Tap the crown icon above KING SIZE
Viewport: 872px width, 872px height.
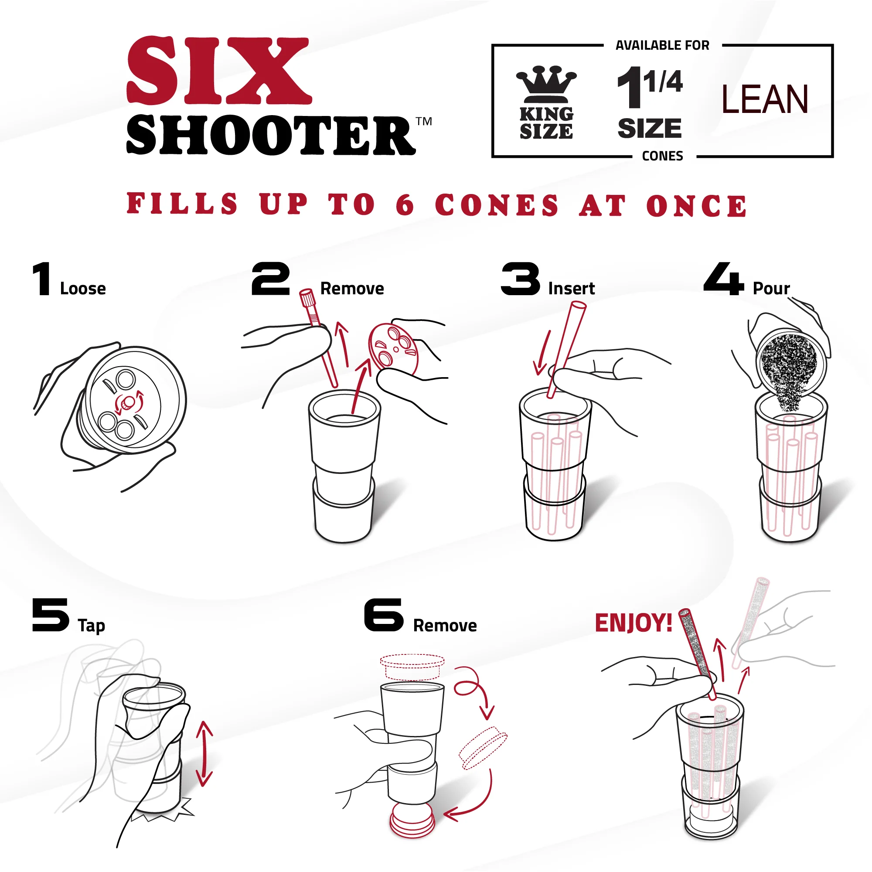(546, 84)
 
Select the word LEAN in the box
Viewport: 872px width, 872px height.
(764, 99)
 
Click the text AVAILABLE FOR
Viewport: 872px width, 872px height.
(662, 46)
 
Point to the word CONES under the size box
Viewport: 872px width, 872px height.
(662, 156)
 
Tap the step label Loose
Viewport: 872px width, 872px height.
(82, 289)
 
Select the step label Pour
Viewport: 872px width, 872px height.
(771, 289)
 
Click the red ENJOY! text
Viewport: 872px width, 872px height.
(633, 623)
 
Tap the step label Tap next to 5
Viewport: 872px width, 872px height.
(91, 626)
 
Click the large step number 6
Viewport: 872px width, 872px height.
(384, 615)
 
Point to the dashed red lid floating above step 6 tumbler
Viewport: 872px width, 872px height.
(412, 666)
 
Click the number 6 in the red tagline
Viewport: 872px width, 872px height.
(405, 205)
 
